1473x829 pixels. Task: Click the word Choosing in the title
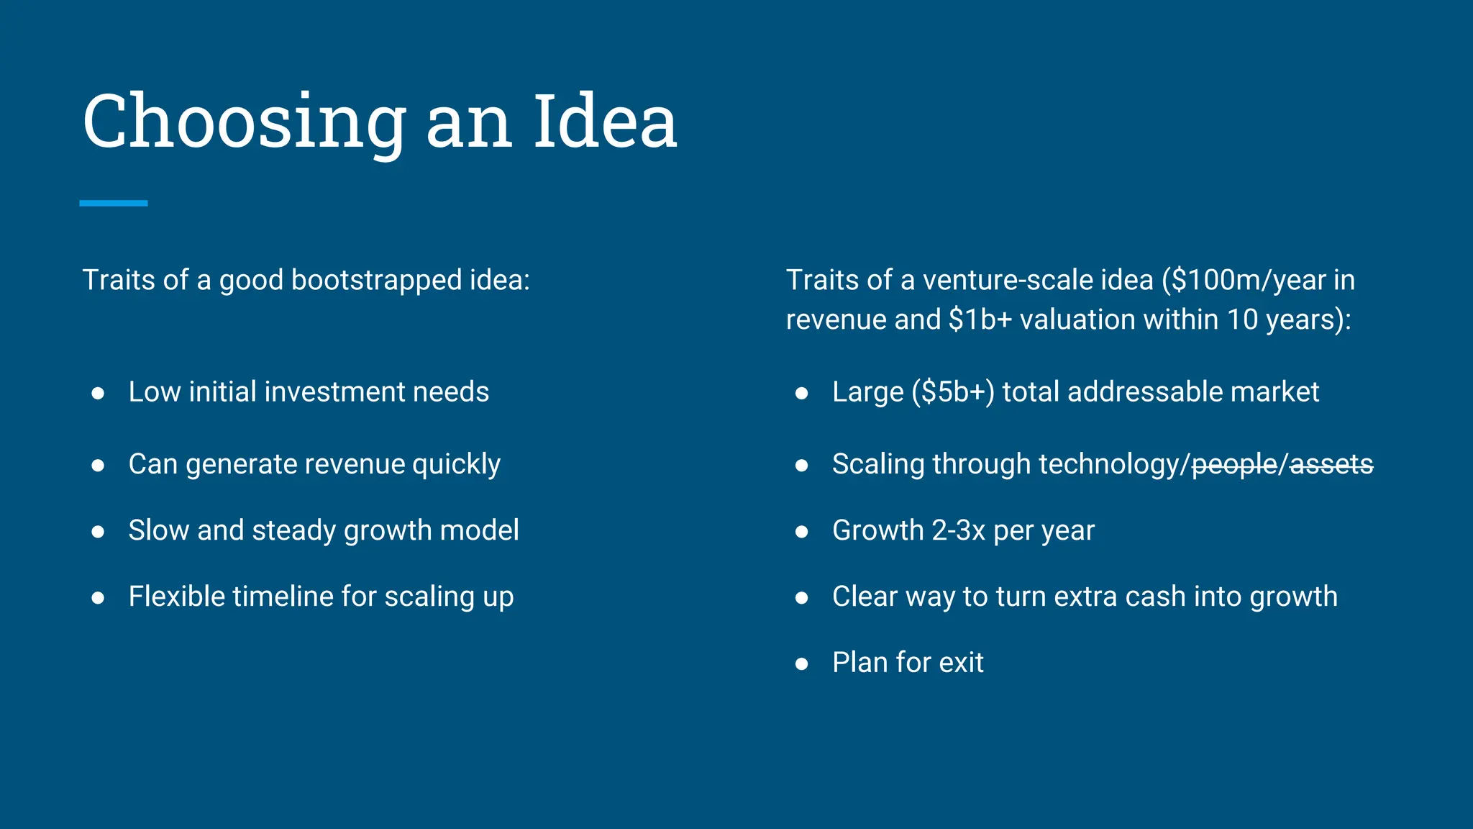click(x=245, y=122)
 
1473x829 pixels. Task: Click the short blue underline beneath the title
click(x=114, y=204)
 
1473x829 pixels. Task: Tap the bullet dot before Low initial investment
click(x=99, y=393)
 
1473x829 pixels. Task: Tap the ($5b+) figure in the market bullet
click(x=952, y=392)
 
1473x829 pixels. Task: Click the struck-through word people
click(x=1234, y=465)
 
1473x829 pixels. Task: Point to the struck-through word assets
click(x=1331, y=465)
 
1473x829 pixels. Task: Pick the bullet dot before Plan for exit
click(x=802, y=663)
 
